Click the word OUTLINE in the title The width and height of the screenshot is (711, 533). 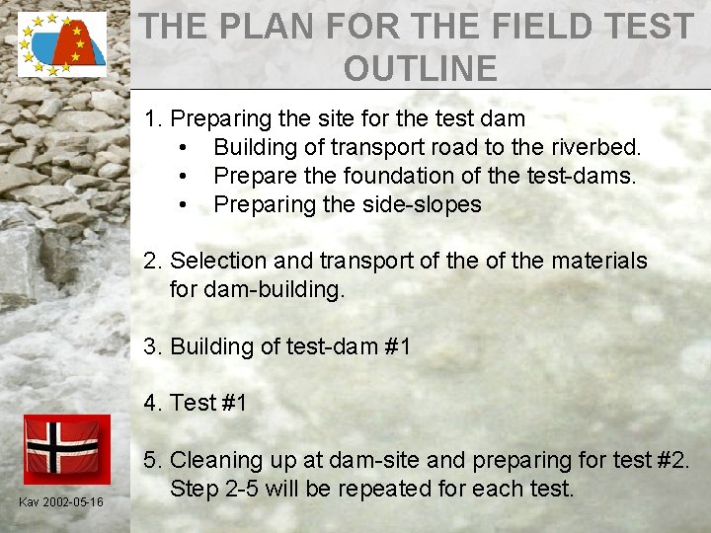pyautogui.click(x=421, y=68)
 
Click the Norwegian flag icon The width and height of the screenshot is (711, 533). pyautogui.click(x=61, y=446)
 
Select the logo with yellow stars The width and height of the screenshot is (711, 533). pyautogui.click(x=61, y=43)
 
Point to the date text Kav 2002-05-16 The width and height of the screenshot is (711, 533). pyautogui.click(x=61, y=503)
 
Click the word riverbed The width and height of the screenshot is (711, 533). pyautogui.click(x=600, y=147)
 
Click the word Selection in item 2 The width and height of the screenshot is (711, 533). pyautogui.click(x=219, y=261)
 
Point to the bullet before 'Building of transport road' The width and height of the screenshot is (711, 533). pyautogui.click(x=185, y=148)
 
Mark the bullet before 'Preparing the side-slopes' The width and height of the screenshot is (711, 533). pyautogui.click(x=185, y=205)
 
